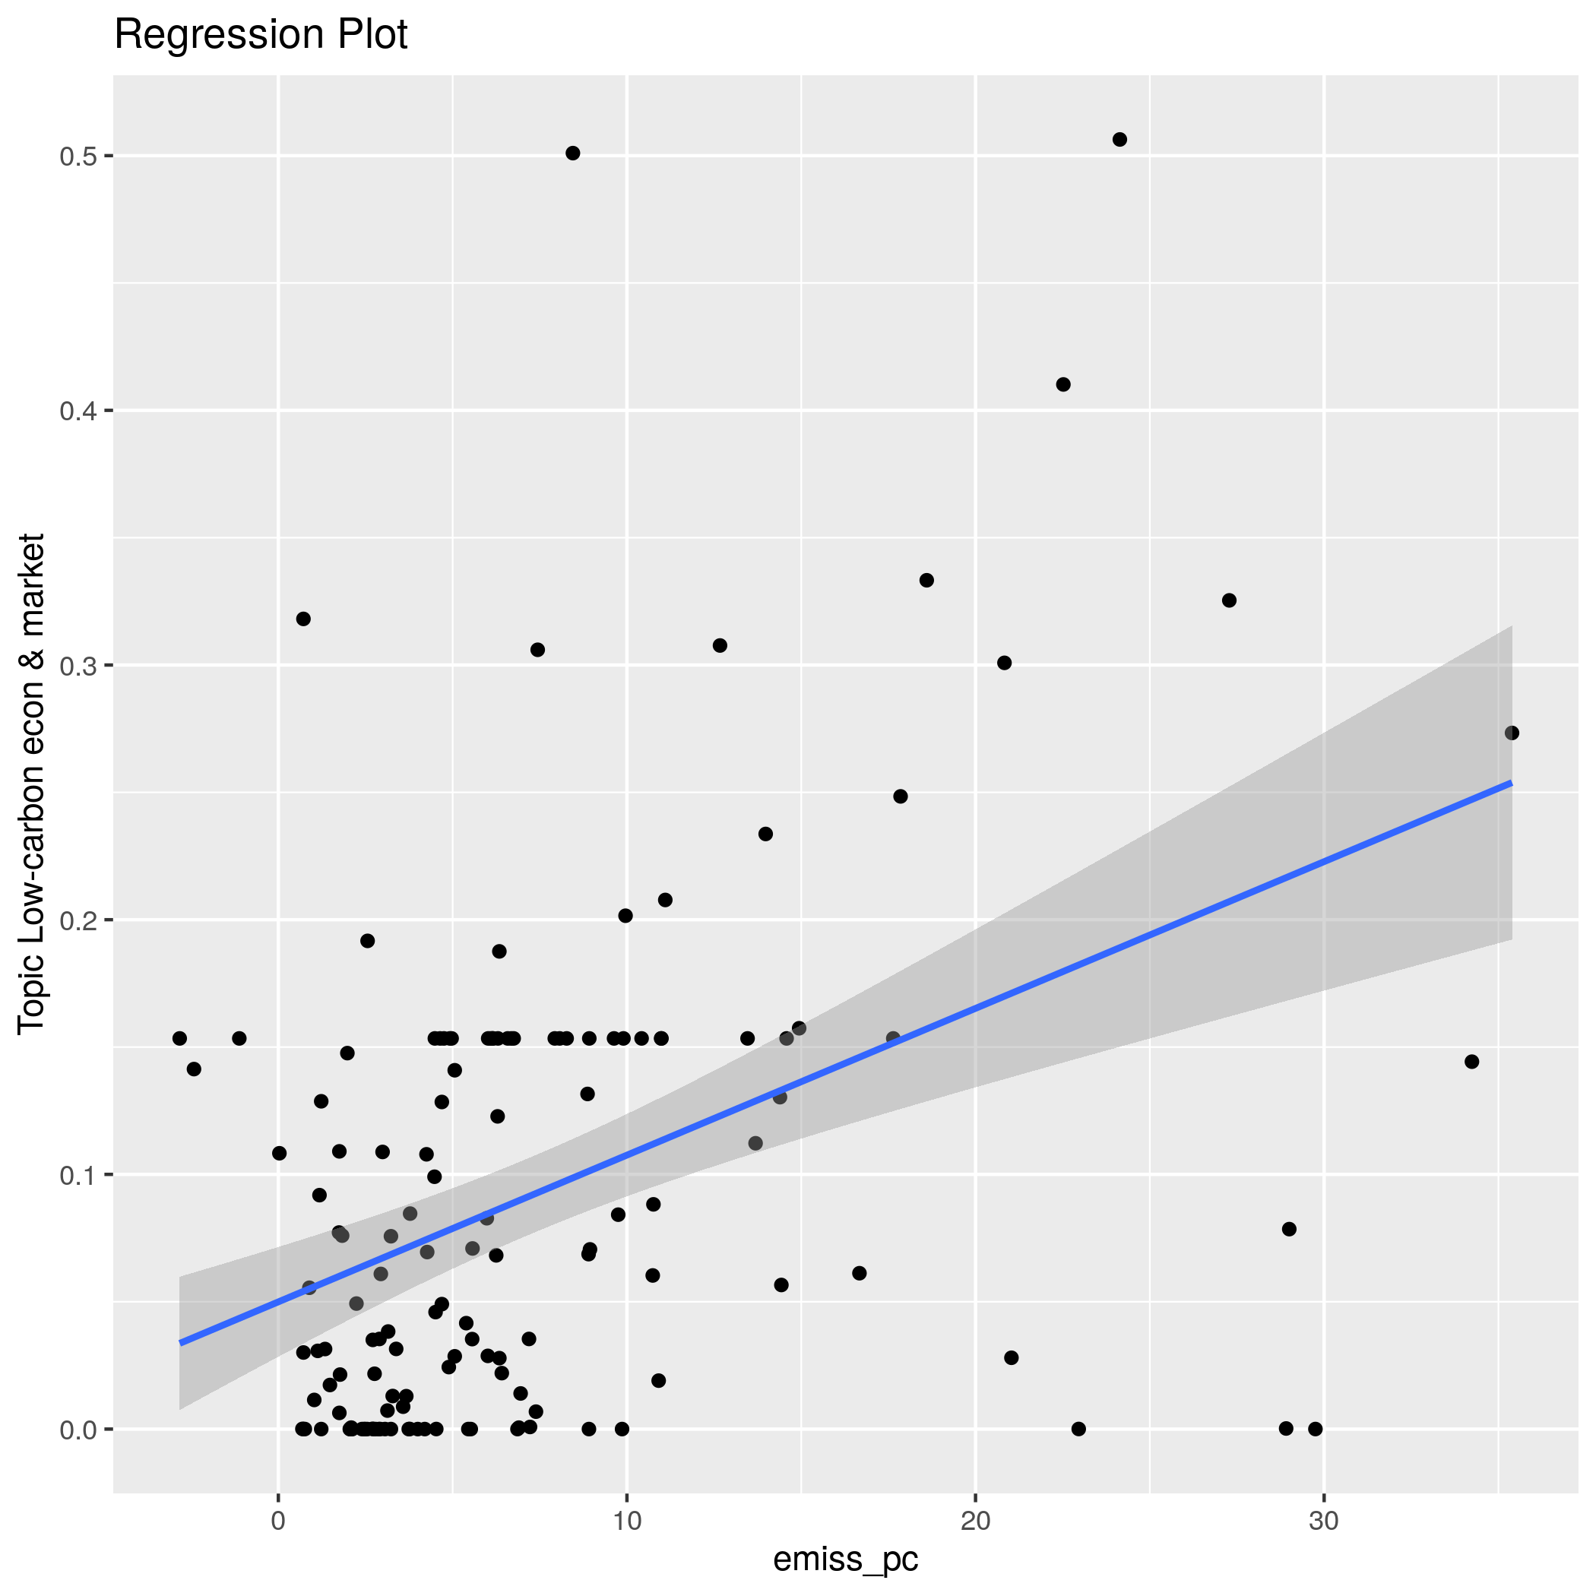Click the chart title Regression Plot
tap(260, 36)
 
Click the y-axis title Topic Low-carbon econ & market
tap(31, 782)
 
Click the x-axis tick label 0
tap(278, 1522)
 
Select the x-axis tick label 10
tap(627, 1522)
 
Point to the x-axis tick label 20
tap(976, 1522)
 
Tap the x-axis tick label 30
tap(1324, 1522)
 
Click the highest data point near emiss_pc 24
tap(1119, 140)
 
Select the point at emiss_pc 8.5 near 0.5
tap(572, 153)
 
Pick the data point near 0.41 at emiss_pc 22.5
tap(1063, 384)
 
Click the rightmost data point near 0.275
tap(1512, 733)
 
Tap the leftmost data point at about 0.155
tap(179, 1038)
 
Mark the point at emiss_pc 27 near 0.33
tap(1229, 600)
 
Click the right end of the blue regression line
tap(1510, 782)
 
